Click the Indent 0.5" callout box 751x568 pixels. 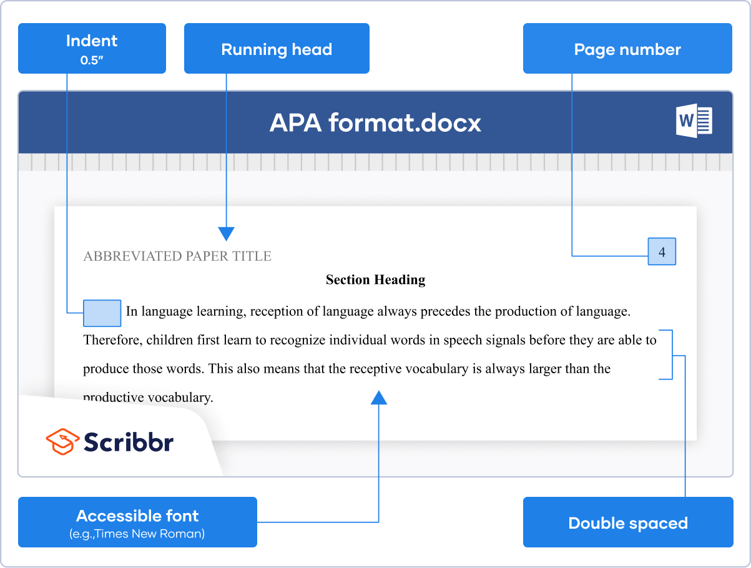(92, 49)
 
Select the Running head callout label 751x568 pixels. (277, 49)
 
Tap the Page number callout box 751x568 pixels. (627, 49)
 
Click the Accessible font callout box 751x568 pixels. (137, 522)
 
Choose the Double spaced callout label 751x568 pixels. (628, 523)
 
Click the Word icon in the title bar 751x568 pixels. (694, 122)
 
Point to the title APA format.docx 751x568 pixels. (375, 123)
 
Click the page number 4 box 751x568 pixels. (662, 252)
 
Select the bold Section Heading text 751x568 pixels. (375, 280)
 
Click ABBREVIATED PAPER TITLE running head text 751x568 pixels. (177, 256)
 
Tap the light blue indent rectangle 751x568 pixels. (102, 313)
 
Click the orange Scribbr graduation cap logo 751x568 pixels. (62, 442)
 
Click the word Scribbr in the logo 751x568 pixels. (129, 442)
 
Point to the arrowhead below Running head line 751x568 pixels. (226, 234)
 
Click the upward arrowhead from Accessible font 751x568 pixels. (379, 398)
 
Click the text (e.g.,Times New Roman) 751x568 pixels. (137, 534)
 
